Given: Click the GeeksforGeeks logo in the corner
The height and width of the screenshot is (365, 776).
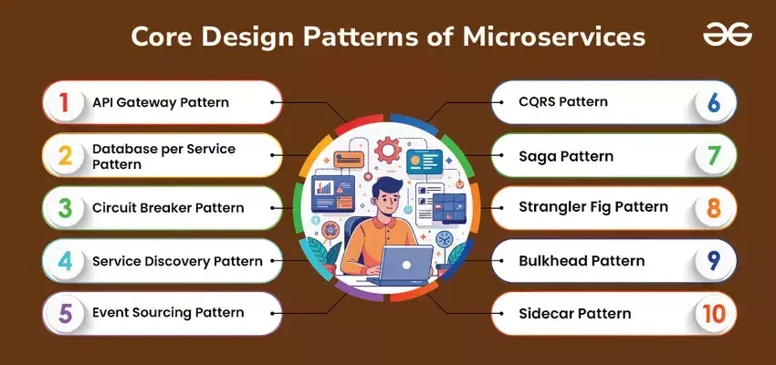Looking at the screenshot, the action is [728, 34].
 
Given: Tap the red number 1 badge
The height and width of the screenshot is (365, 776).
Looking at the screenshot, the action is [64, 103].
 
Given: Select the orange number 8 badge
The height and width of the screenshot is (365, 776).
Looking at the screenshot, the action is [714, 208].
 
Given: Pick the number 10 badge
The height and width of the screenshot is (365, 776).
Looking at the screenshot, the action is [714, 314].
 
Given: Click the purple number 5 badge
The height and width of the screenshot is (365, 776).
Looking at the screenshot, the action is [65, 314].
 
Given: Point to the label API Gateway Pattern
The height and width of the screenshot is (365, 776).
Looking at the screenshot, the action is [161, 102].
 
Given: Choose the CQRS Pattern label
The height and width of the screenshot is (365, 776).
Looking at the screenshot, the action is [563, 102].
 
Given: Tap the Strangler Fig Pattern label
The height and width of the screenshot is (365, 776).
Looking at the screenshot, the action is [593, 207].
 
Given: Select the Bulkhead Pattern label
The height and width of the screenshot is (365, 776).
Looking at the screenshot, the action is [582, 261].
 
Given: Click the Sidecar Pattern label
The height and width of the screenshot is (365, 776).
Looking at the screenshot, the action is [575, 314].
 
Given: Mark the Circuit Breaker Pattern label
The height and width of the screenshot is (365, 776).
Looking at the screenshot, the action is [168, 208].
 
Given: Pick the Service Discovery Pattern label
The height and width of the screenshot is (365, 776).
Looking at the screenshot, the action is [178, 261].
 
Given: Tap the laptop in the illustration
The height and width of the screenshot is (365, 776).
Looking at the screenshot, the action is [400, 266].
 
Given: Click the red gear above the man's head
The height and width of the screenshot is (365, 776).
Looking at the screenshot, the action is [387, 150].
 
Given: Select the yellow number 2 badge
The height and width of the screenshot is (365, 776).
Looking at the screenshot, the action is [65, 156].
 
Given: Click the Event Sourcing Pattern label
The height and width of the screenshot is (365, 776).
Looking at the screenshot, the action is [168, 313].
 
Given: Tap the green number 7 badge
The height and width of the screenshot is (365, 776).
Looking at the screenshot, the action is [714, 155].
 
